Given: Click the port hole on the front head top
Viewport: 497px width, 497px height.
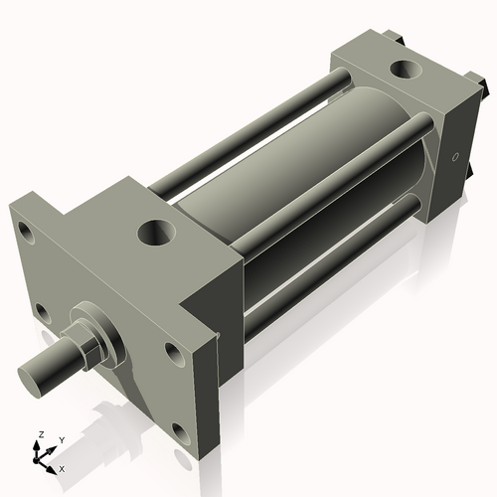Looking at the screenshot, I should click(x=157, y=235).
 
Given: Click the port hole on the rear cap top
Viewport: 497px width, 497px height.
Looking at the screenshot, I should click(x=406, y=71).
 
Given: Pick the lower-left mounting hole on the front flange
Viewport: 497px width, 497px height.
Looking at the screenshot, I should click(x=43, y=313).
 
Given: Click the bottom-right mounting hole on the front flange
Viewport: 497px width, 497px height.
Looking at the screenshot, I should click(x=179, y=431).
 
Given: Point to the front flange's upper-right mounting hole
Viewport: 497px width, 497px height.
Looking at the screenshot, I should click(x=174, y=354).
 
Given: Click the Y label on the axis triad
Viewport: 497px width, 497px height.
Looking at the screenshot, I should click(x=61, y=438).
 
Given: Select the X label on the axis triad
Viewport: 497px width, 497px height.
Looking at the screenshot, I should click(x=62, y=467).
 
